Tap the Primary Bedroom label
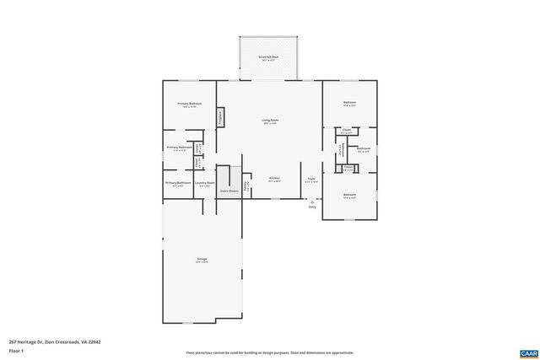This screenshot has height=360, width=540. (x=188, y=104)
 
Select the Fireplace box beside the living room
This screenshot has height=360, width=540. (x=221, y=117)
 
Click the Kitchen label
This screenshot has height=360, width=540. (x=274, y=178)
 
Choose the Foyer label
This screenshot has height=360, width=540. (x=310, y=178)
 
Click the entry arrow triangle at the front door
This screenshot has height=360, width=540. (x=312, y=202)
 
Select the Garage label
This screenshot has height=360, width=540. (x=202, y=260)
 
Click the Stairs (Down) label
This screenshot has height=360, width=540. (x=229, y=191)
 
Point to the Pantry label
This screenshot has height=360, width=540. (x=246, y=184)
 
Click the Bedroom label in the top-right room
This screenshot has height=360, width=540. (x=349, y=103)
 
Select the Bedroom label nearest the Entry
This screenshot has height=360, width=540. (x=349, y=195)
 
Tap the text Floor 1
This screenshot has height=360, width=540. (x=15, y=349)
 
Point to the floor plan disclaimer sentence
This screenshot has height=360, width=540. (x=269, y=352)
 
